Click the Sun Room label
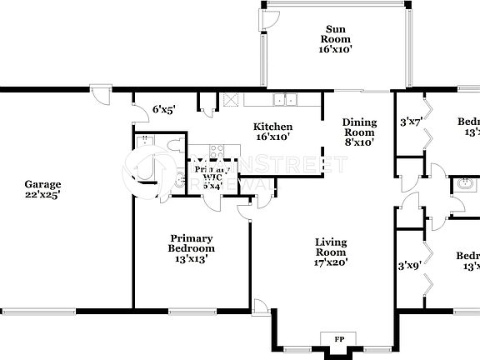[x=337, y=34]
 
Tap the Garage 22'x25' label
[x=42, y=189]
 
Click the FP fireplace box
[x=338, y=340]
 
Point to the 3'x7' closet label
[x=411, y=122]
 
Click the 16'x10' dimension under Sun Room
[x=337, y=49]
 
